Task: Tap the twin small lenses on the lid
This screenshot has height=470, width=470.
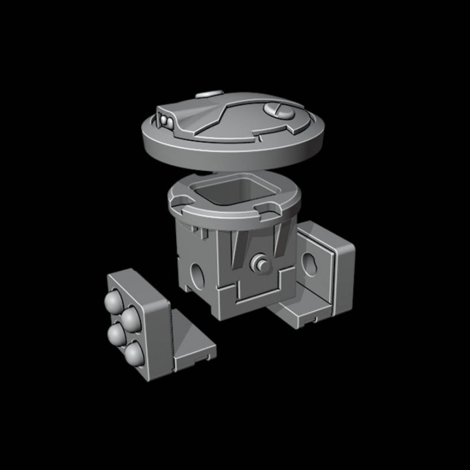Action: [x=166, y=121]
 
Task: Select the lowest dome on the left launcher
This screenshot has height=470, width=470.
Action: [x=134, y=353]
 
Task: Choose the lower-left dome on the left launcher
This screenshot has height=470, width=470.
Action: [x=117, y=334]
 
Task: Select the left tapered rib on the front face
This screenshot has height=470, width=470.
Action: [x=239, y=251]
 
